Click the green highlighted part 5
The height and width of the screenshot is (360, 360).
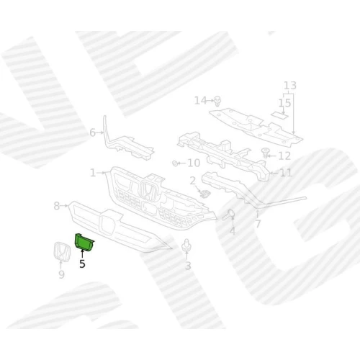(84, 243)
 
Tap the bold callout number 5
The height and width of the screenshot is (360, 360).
(82, 264)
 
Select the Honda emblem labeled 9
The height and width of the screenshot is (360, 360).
(62, 251)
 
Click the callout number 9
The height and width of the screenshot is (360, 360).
(61, 274)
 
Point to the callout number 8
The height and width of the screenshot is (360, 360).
(57, 206)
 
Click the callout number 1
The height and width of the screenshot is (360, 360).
(93, 173)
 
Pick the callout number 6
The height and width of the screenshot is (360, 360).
(92, 132)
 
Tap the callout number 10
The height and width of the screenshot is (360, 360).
(194, 163)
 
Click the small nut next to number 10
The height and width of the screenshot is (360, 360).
(175, 163)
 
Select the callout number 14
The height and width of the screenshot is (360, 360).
(200, 101)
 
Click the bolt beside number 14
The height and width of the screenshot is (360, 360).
(217, 102)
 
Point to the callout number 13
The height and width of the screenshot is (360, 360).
(290, 86)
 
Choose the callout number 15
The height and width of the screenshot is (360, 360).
(285, 103)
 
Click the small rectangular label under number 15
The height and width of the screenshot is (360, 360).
(279, 115)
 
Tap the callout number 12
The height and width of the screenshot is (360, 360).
(284, 156)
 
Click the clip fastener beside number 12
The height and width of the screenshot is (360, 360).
(265, 153)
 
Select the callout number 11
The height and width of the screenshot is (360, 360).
(286, 173)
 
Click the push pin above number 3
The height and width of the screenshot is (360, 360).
(186, 245)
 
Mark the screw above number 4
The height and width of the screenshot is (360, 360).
(228, 215)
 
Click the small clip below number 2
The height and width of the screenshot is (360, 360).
(205, 194)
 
